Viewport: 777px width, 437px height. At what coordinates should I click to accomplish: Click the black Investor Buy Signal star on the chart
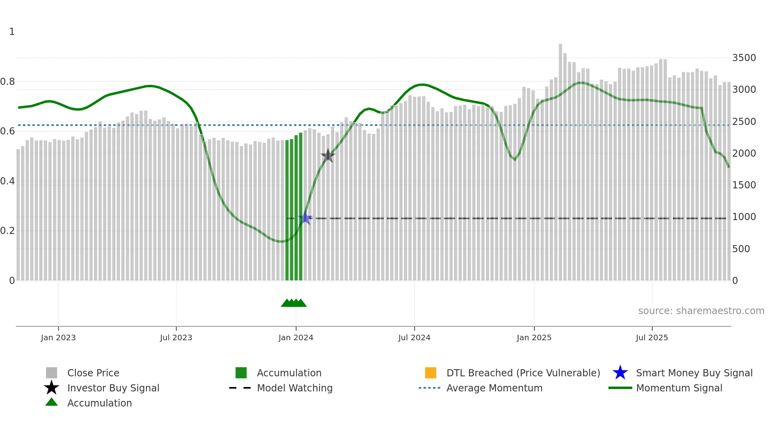[328, 155]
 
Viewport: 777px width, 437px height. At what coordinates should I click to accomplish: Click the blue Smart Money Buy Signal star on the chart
[305, 218]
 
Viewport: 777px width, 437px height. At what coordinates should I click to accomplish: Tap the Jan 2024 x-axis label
[296, 337]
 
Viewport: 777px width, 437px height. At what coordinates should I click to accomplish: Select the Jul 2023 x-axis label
[176, 337]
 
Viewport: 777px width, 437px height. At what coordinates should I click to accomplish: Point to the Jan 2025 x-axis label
[534, 337]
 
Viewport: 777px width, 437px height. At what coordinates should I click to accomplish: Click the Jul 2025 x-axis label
[652, 337]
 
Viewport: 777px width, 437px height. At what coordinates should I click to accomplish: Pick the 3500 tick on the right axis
[744, 58]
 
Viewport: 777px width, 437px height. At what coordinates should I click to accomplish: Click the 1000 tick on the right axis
[744, 217]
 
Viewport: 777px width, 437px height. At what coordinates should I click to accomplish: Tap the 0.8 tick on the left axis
[8, 82]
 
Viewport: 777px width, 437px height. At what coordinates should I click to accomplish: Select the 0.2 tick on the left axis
[8, 231]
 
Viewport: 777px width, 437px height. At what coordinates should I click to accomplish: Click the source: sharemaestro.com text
[701, 311]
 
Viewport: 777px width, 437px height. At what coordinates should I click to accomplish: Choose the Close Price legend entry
[93, 373]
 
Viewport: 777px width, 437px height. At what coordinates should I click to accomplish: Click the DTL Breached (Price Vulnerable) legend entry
[523, 373]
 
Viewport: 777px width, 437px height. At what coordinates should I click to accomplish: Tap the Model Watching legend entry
[295, 388]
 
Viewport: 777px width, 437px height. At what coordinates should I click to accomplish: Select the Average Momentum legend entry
[494, 388]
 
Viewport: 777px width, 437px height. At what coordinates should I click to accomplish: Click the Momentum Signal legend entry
[679, 388]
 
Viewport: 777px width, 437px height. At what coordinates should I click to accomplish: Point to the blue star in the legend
[620, 373]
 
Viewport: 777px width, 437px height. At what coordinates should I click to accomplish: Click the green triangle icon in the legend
[52, 402]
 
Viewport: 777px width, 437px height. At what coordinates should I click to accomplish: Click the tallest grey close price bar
[560, 159]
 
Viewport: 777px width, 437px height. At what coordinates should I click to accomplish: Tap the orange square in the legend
[431, 373]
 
